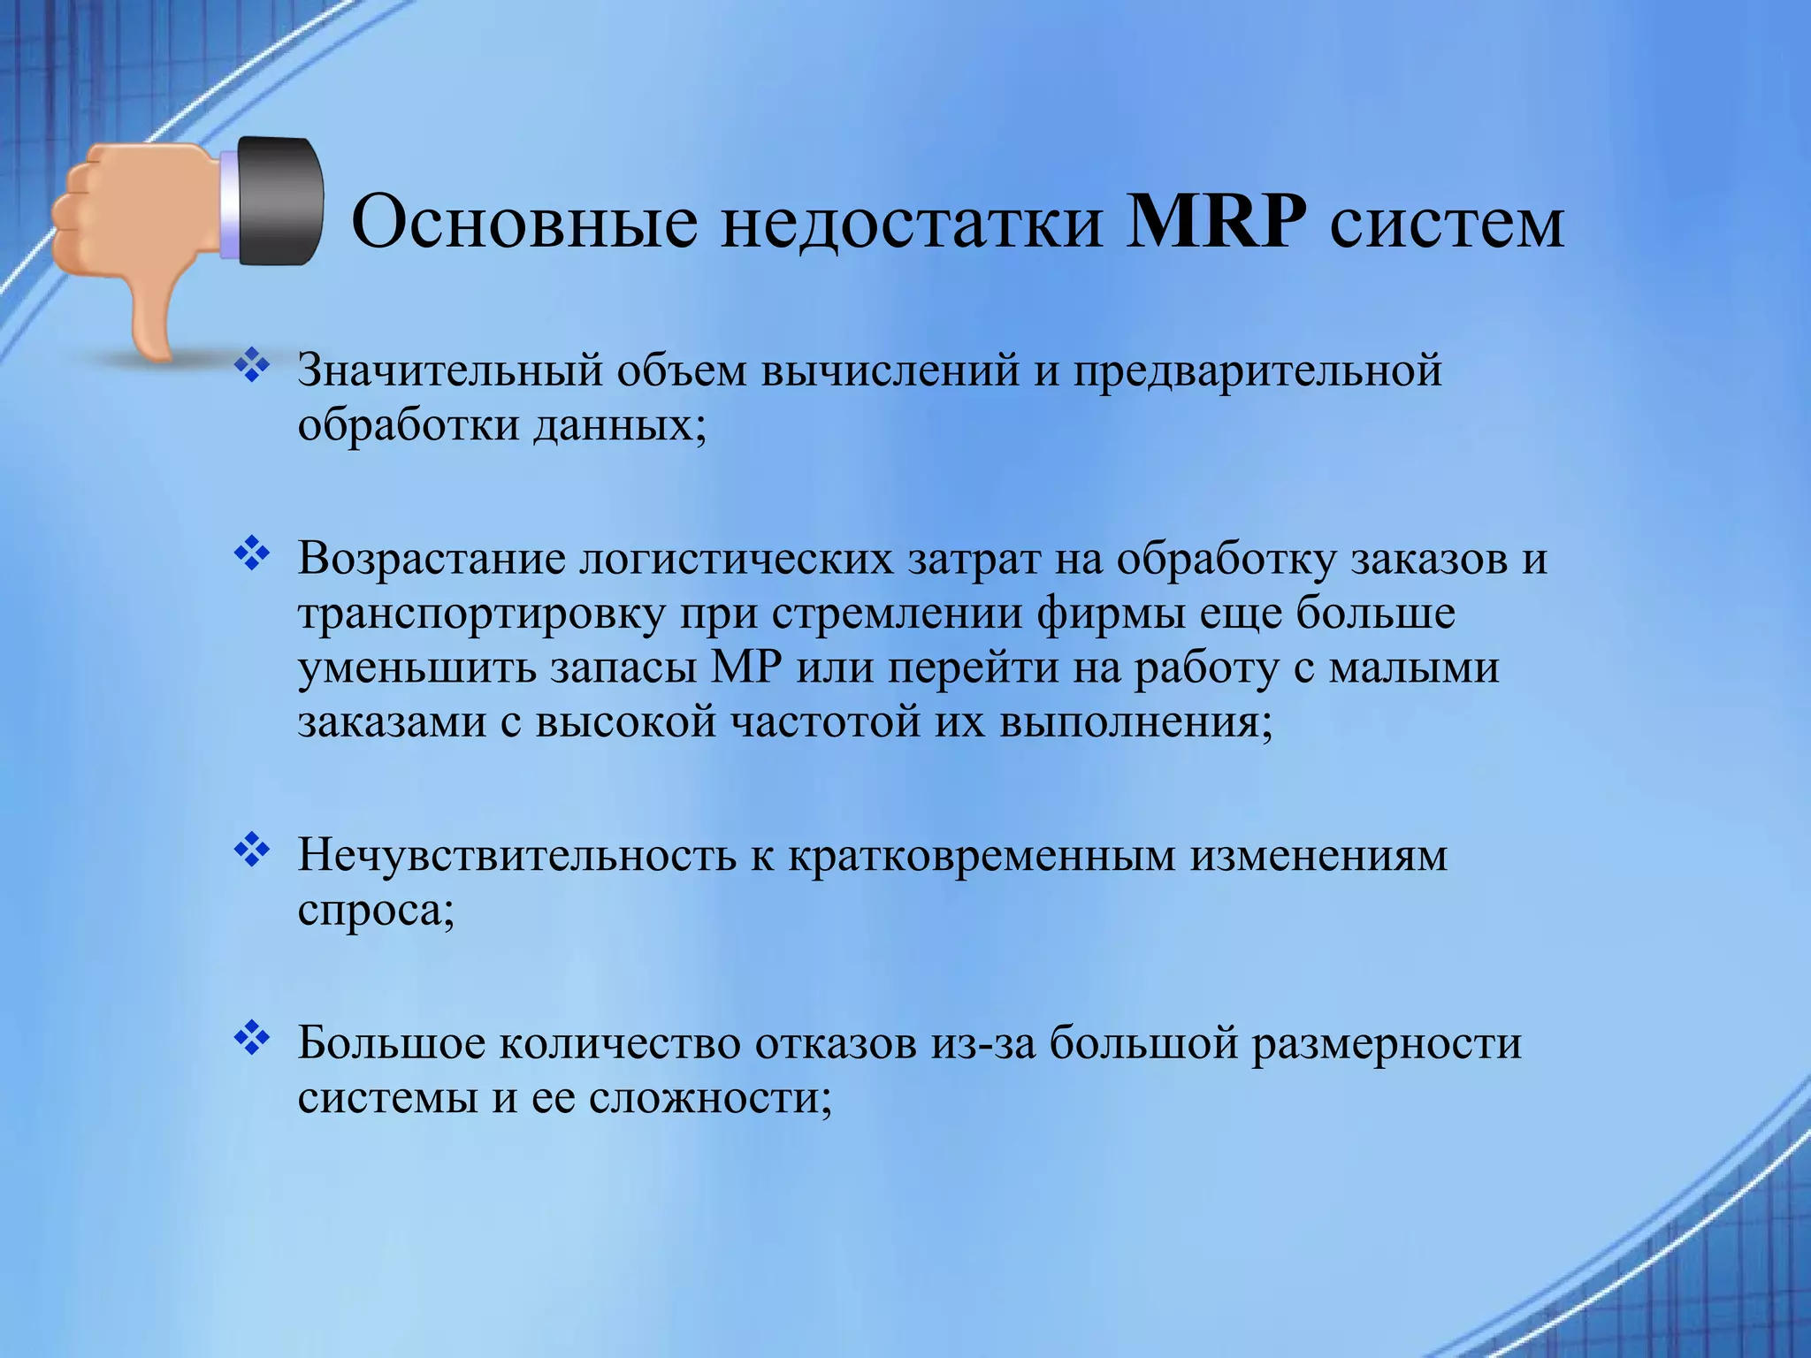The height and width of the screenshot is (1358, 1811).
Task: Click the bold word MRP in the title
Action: (1217, 221)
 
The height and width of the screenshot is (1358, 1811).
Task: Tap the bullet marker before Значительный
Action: (252, 366)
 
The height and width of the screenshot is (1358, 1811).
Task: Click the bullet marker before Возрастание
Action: (252, 554)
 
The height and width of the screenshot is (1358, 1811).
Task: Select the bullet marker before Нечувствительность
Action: (252, 851)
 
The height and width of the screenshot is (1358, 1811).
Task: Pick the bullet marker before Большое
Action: (252, 1039)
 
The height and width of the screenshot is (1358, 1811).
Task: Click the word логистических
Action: (737, 559)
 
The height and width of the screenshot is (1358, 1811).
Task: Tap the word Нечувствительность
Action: (516, 856)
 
